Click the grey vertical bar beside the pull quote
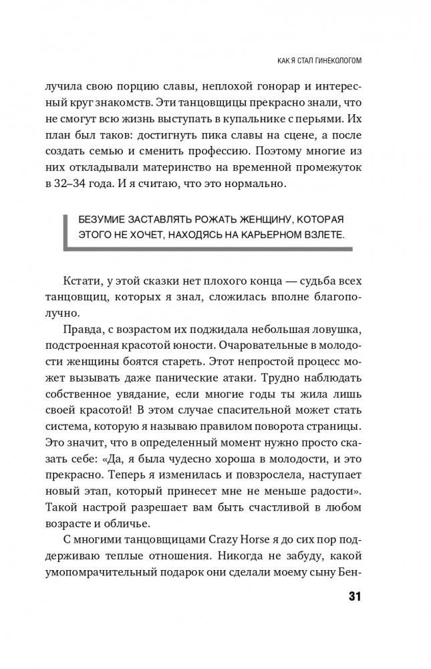[x=66, y=227]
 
